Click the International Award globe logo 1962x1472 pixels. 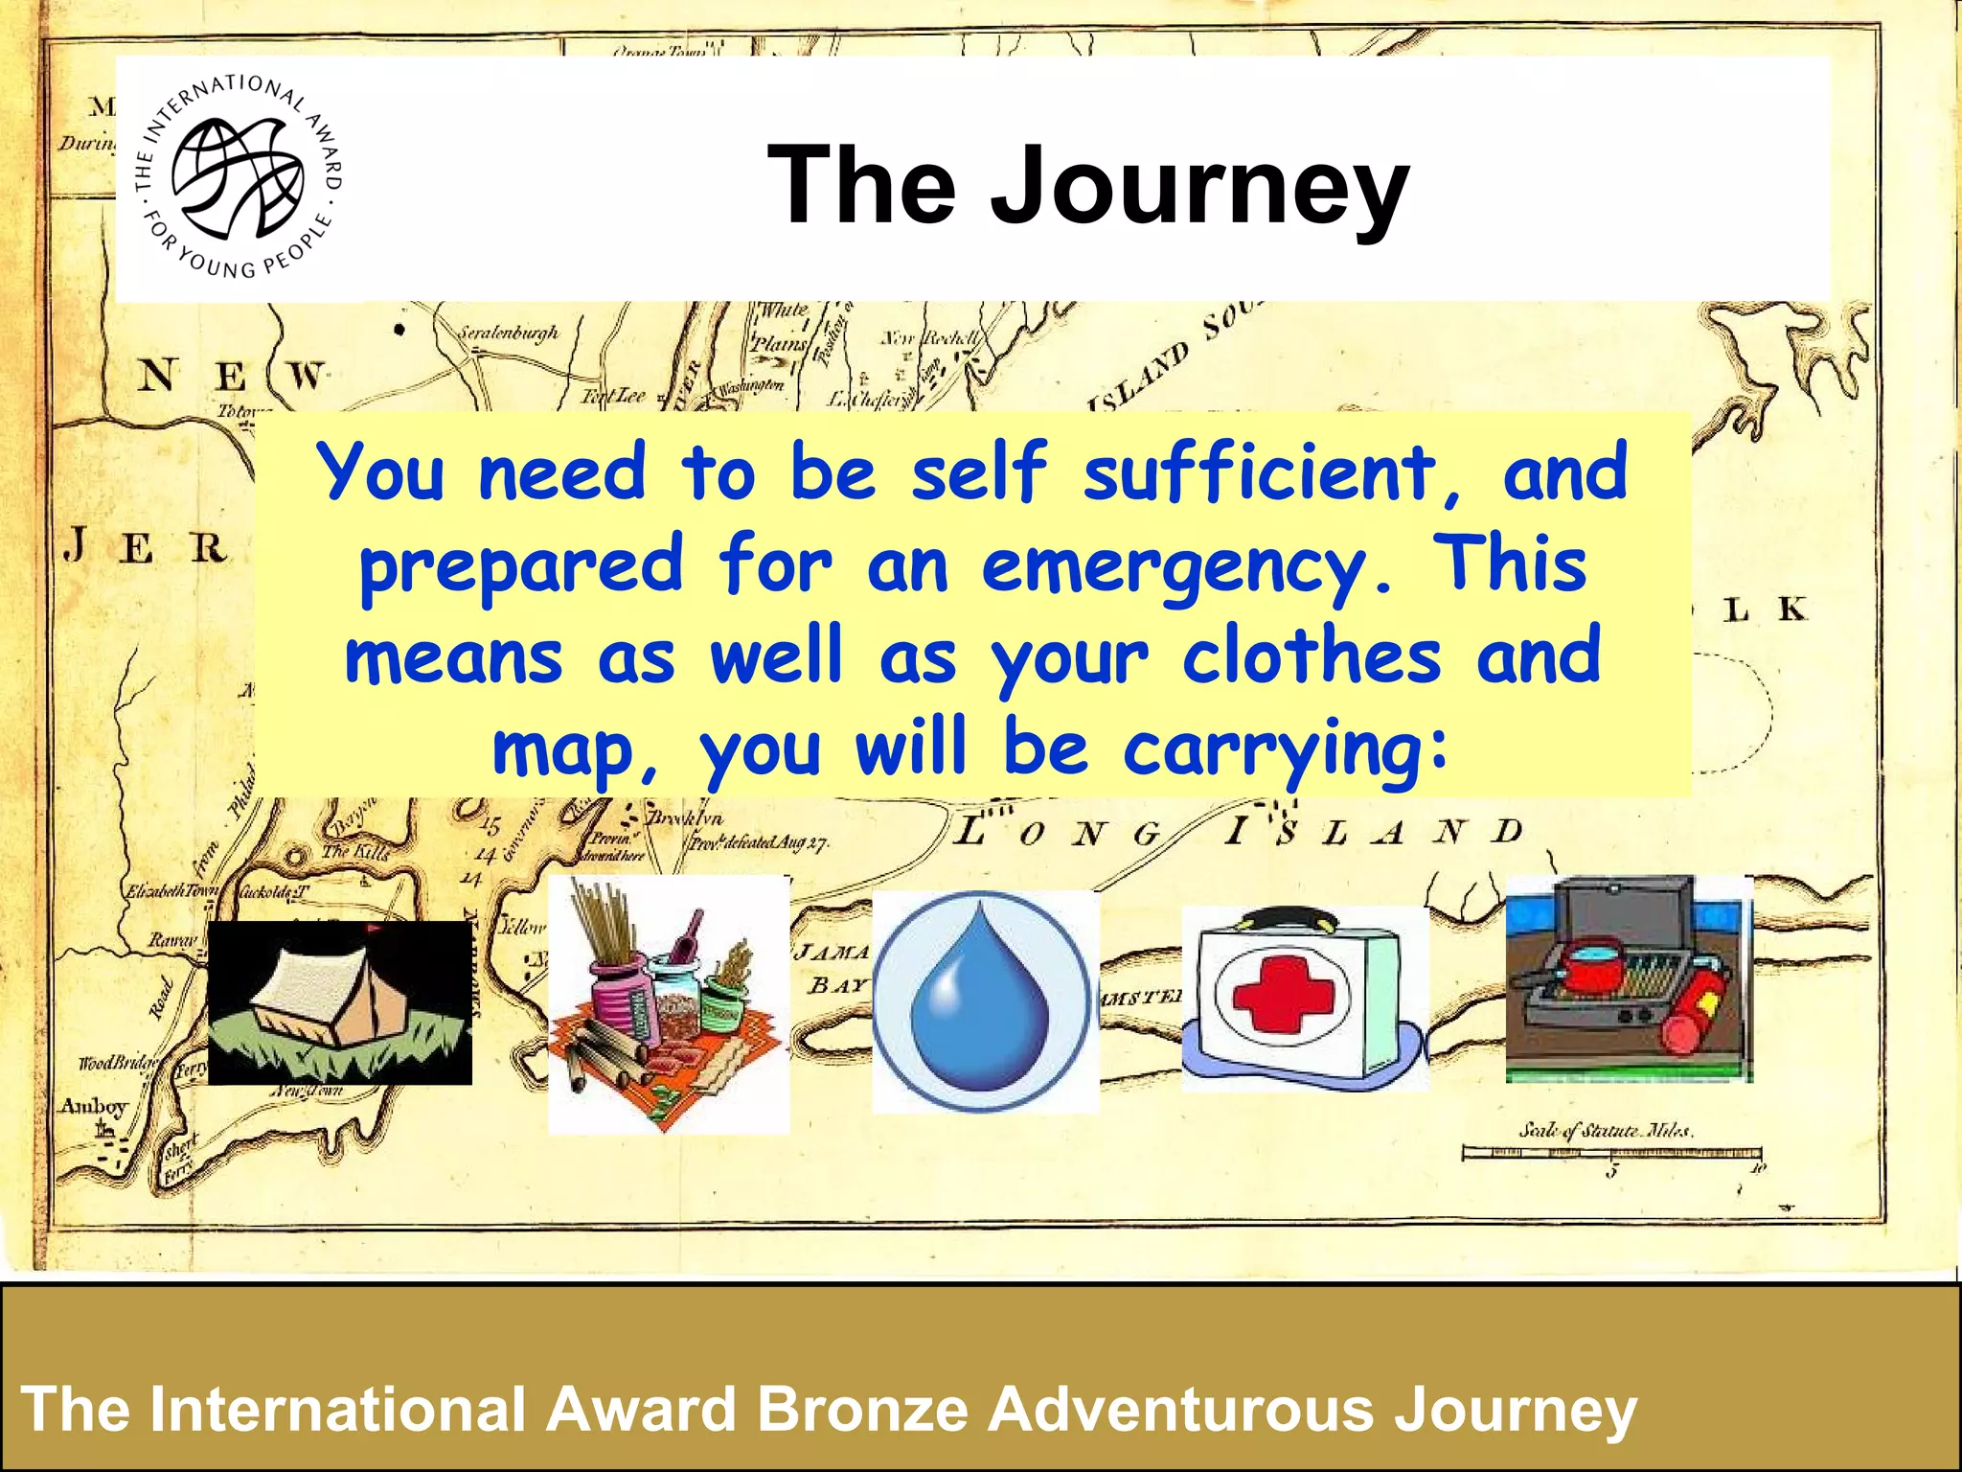pyautogui.click(x=238, y=178)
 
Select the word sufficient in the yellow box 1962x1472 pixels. pyautogui.click(x=1260, y=472)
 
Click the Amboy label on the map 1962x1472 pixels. pyautogui.click(x=94, y=1107)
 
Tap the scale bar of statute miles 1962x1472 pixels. pyautogui.click(x=1609, y=1152)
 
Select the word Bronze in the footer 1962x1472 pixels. pyautogui.click(x=863, y=1410)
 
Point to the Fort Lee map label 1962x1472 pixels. pyautogui.click(x=613, y=396)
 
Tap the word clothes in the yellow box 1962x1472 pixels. pyautogui.click(x=1312, y=658)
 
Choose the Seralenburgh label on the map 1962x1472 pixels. pyautogui.click(x=507, y=333)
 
